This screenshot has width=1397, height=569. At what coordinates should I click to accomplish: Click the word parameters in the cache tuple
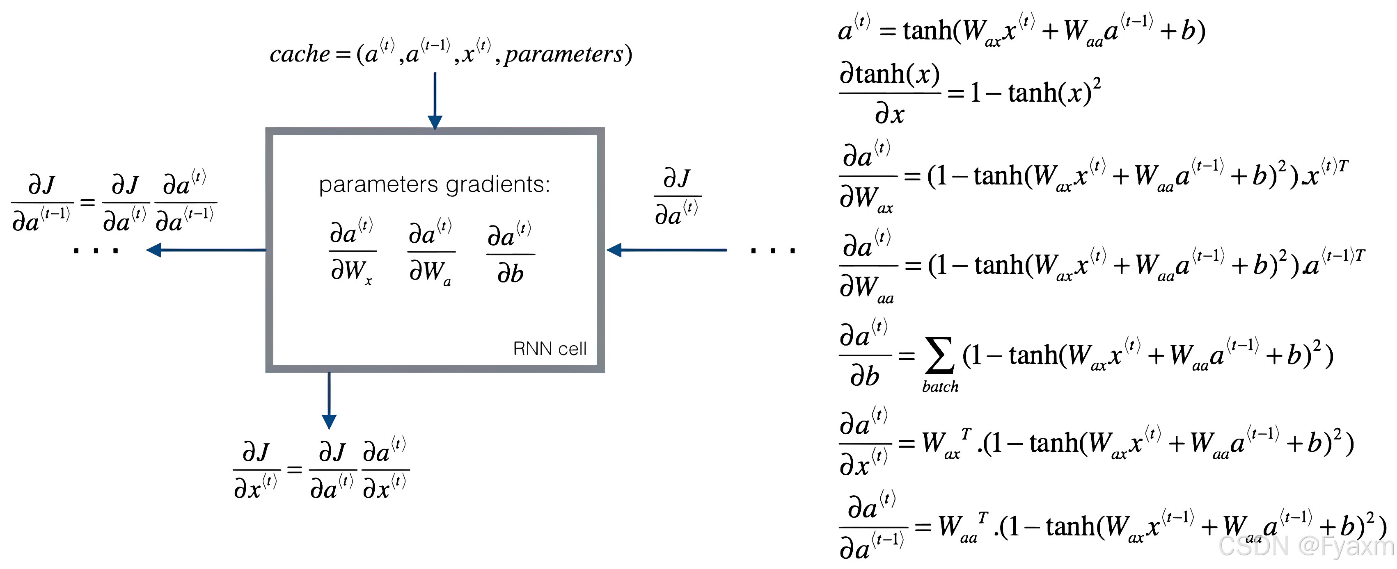564,54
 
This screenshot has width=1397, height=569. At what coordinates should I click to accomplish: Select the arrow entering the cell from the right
667,250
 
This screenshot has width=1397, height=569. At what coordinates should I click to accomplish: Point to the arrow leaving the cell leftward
206,250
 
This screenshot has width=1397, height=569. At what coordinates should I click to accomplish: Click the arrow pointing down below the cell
329,401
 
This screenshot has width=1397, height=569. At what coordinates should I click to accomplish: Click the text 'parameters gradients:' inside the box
434,184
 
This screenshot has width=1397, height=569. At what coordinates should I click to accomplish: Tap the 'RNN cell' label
550,348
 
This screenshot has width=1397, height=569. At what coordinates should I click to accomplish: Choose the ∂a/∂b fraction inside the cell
510,254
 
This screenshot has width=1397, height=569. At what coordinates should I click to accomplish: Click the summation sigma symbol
939,355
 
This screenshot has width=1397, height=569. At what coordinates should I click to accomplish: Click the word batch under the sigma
940,387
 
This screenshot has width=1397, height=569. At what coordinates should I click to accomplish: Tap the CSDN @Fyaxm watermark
1306,546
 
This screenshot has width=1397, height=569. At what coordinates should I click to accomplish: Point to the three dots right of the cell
773,250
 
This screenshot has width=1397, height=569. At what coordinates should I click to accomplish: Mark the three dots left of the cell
96,250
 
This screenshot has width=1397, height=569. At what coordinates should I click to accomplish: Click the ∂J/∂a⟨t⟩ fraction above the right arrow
677,197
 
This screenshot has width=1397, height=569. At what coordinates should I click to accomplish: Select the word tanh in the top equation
928,30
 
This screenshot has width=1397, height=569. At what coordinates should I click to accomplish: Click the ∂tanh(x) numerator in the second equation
889,74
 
